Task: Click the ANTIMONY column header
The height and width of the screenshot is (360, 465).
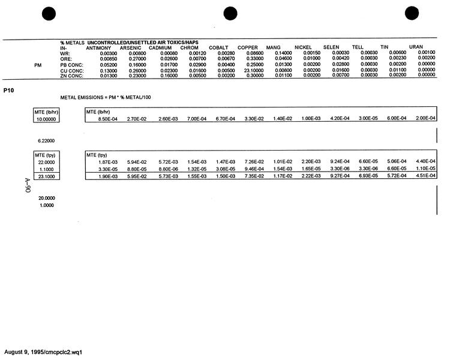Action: click(x=98, y=47)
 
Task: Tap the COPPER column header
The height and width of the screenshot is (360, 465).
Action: click(x=248, y=47)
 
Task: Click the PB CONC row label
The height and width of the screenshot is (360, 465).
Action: click(x=71, y=64)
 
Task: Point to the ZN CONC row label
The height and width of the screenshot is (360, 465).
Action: click(x=71, y=76)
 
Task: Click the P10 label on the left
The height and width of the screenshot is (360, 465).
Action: click(x=8, y=89)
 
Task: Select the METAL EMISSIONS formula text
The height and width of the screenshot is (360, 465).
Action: click(x=101, y=97)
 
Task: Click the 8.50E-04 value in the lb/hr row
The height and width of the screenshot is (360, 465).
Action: click(x=108, y=119)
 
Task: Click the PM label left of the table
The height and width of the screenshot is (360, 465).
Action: click(x=38, y=64)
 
